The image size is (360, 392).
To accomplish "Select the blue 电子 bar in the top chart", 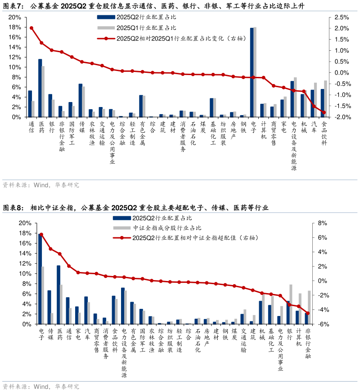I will pyautogui.click(x=252, y=72).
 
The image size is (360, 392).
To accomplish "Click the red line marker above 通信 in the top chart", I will pyautogui.click(x=31, y=28).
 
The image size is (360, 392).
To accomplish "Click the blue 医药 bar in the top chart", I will pyautogui.click(x=40, y=88).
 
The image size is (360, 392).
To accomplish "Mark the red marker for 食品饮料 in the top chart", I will pyautogui.click(x=324, y=112).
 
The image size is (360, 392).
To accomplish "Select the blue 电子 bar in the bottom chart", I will pyautogui.click(x=40, y=279).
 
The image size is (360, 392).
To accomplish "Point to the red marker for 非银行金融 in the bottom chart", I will pyautogui.click(x=308, y=313).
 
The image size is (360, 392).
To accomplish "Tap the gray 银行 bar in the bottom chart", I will pyautogui.click(x=291, y=304).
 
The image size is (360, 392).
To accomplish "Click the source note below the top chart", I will pyautogui.click(x=40, y=185).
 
